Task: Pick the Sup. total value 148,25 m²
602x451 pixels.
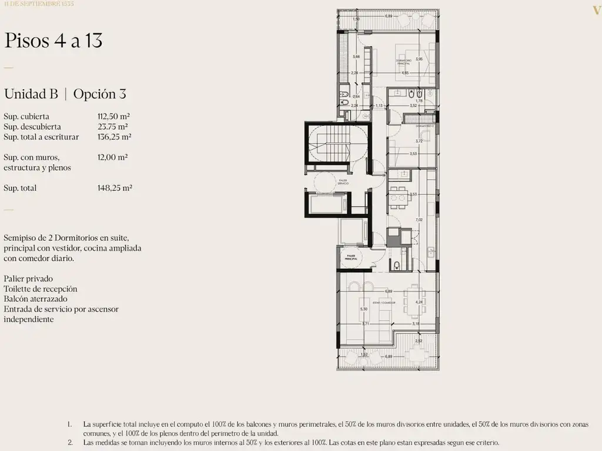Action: (115, 188)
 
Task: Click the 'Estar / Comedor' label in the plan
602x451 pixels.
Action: (383, 302)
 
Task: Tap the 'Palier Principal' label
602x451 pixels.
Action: (351, 257)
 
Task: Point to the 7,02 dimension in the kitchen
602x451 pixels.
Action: (419, 220)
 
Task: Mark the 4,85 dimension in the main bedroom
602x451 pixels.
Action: (405, 73)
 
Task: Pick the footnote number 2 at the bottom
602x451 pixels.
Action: (70, 443)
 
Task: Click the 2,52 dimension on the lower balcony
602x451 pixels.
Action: (418, 341)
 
